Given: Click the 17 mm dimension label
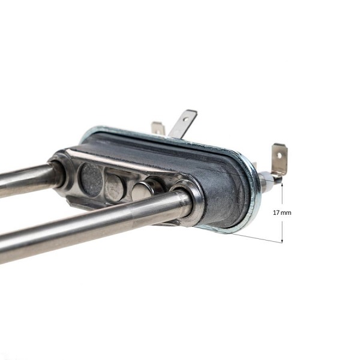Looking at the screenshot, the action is coord(282,212).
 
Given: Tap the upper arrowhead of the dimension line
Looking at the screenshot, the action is coord(282,185).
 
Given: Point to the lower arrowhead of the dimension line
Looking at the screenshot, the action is coord(282,241).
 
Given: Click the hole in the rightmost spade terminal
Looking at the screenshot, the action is coord(279,155).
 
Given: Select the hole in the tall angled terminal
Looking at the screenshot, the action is coord(186,119).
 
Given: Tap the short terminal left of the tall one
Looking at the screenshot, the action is coord(158,128).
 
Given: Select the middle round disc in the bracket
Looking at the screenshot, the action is coord(114,187).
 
